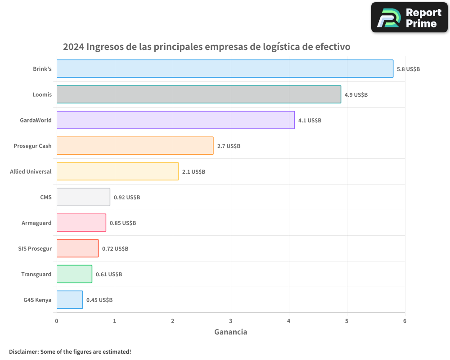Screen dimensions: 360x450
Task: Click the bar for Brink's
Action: pyautogui.click(x=225, y=69)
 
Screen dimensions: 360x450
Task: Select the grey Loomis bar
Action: pyautogui.click(x=199, y=94)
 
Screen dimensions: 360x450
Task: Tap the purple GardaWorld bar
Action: pyautogui.click(x=175, y=120)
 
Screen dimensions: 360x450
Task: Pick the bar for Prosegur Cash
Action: pyautogui.click(x=135, y=146)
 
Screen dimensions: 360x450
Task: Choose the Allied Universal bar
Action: pyautogui.click(x=117, y=171)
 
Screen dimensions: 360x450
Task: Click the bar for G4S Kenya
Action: pyautogui.click(x=70, y=300)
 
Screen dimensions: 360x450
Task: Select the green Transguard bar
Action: pyautogui.click(x=74, y=274)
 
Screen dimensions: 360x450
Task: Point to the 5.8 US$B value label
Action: pyautogui.click(x=408, y=69)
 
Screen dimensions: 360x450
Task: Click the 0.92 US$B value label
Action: pyautogui.click(x=126, y=198)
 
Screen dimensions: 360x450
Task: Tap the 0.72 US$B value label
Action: pyautogui.click(x=115, y=249)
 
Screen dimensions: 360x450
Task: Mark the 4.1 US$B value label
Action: pyautogui.click(x=310, y=121)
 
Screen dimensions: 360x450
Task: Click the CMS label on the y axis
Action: pyautogui.click(x=45, y=197)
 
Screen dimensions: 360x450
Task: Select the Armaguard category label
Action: pyautogui.click(x=36, y=223)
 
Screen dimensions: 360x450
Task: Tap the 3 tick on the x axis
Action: pyautogui.click(x=231, y=321)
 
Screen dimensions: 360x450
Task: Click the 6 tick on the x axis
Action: pyautogui.click(x=405, y=321)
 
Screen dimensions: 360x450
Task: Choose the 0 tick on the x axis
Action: pyautogui.click(x=57, y=321)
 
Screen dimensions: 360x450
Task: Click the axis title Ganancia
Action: pyautogui.click(x=230, y=332)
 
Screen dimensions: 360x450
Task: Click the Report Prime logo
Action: pyautogui.click(x=409, y=18)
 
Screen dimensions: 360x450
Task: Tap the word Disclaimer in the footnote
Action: pyautogui.click(x=23, y=351)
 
